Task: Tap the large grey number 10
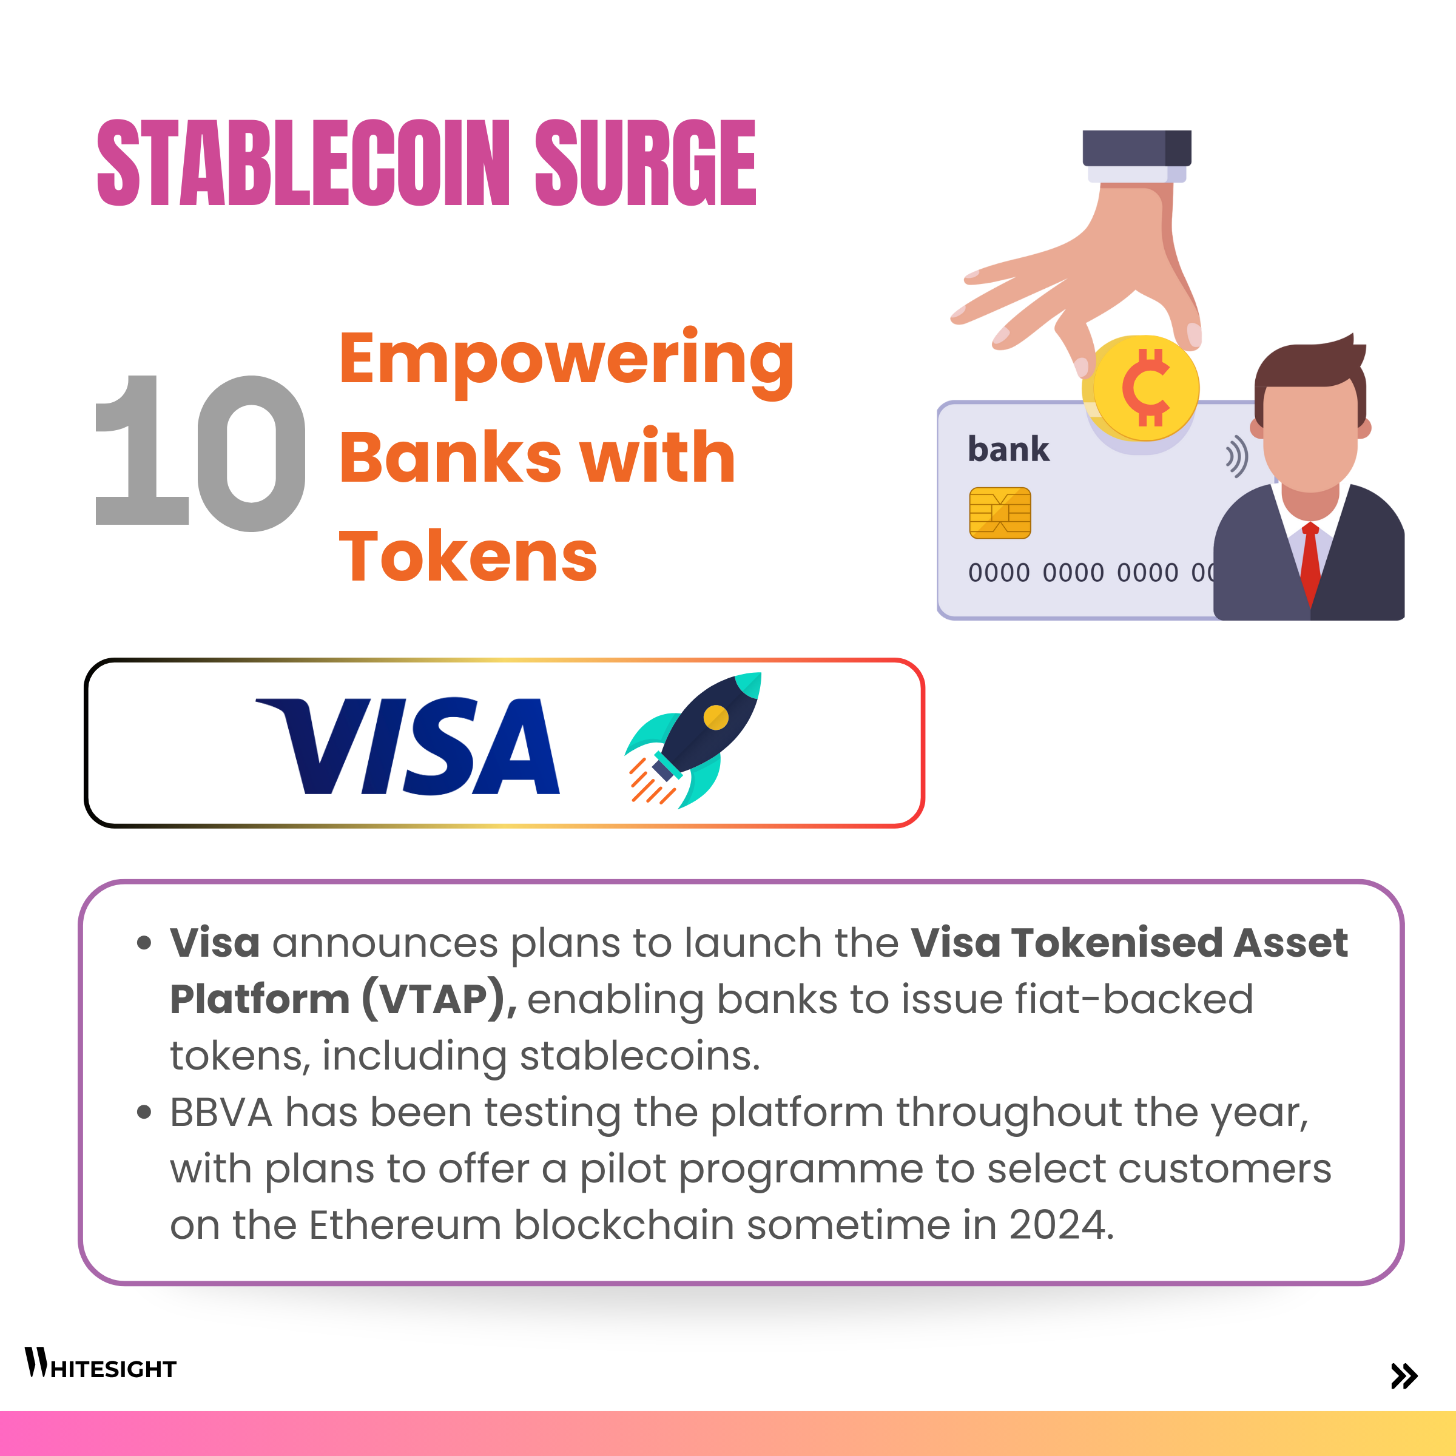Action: [200, 453]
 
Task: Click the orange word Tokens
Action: [468, 556]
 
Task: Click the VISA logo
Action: [408, 746]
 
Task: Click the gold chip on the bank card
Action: [1000, 513]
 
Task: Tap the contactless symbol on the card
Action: [1236, 456]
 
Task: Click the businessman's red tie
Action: [1310, 564]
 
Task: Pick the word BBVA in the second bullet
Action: [221, 1113]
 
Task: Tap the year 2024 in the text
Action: [1061, 1225]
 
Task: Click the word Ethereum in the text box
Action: [405, 1225]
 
